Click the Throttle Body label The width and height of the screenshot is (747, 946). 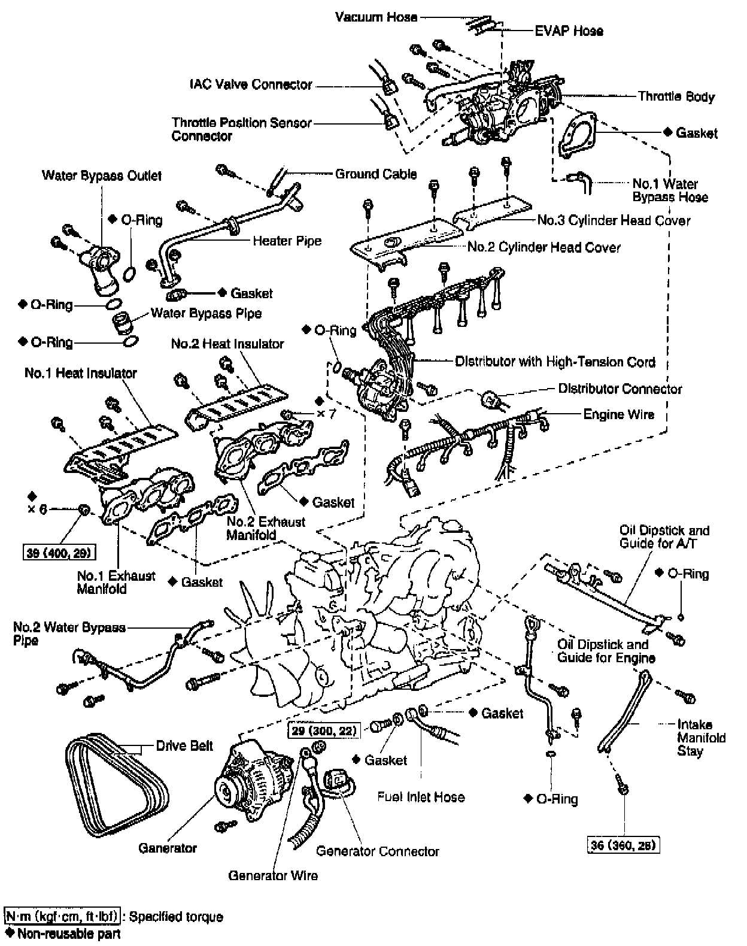676,96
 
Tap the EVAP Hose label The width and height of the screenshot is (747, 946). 569,31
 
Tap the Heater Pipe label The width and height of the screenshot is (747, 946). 287,241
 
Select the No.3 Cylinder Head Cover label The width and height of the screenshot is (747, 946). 613,221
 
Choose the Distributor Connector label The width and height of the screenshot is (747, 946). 620,389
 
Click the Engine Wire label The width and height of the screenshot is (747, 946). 618,414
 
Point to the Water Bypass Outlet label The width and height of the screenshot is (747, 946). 102,176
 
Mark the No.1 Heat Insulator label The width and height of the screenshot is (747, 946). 81,374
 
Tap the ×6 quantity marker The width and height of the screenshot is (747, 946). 37,509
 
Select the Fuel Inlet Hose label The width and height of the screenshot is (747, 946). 421,797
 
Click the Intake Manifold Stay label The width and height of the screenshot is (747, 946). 701,738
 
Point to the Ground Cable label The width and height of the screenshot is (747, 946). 376,174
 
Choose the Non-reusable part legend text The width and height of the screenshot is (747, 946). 69,933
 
